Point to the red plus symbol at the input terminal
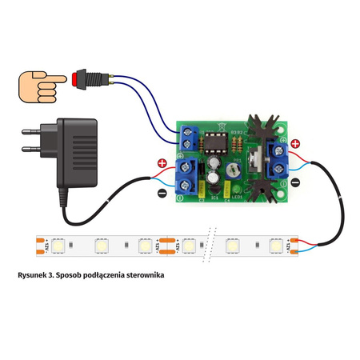(x=162, y=164)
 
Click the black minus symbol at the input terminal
(x=162, y=193)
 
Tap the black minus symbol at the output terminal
(x=295, y=182)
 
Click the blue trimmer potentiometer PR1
(x=232, y=170)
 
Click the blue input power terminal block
(x=186, y=177)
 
